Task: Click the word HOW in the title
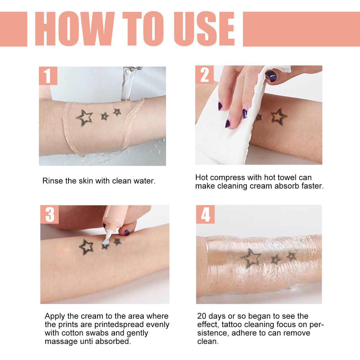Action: [74, 29]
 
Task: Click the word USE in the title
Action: [204, 29]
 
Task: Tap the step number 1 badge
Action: [48, 76]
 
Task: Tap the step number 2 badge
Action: [204, 75]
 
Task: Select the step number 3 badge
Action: [50, 214]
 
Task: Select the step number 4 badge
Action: [205, 214]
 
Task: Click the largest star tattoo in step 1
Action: [85, 118]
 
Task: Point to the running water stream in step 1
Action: [128, 85]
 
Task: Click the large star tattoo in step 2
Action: [279, 117]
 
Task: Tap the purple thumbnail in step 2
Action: [271, 76]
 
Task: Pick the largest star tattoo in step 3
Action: [86, 247]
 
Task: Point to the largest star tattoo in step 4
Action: [251, 257]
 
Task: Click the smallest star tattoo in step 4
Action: [291, 256]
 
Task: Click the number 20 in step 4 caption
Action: [202, 316]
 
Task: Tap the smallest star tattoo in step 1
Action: [117, 112]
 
